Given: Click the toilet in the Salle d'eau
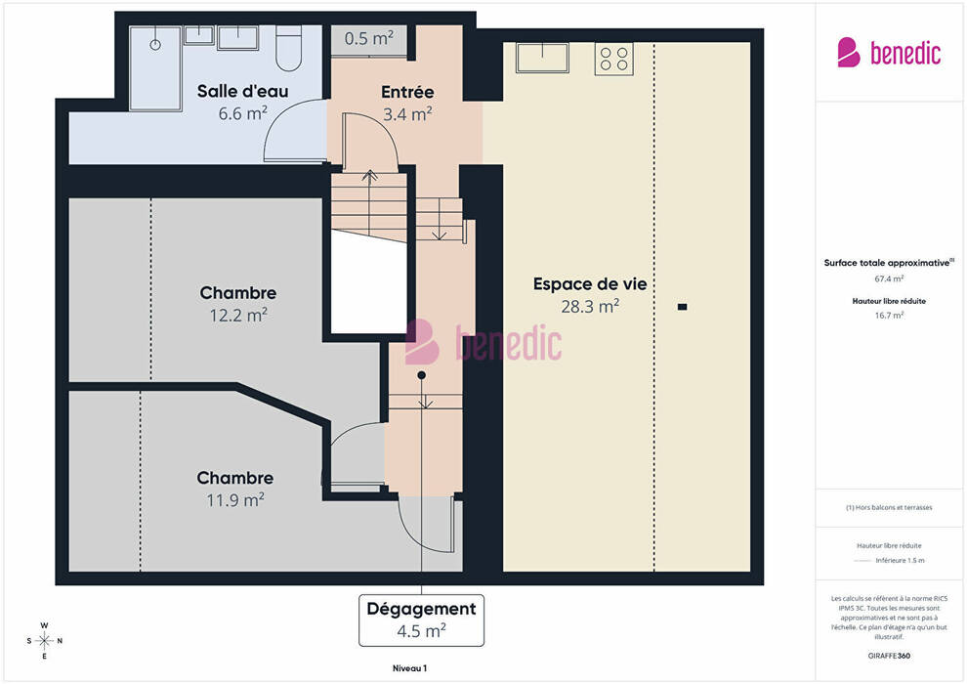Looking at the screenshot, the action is [x=288, y=48].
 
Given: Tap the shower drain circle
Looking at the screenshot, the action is [x=155, y=44].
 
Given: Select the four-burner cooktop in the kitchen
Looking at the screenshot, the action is [x=614, y=59].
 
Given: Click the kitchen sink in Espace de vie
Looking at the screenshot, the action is [x=542, y=58].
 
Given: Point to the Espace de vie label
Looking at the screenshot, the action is [x=590, y=284].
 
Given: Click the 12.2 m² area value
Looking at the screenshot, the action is [x=238, y=316].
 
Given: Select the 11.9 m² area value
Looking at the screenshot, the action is [x=235, y=499].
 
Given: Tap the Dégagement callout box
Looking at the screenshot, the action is [x=421, y=620].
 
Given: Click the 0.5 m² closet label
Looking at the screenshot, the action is [x=369, y=38].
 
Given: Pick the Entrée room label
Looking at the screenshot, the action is [x=407, y=92].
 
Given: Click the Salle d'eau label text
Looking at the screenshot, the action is [x=243, y=91].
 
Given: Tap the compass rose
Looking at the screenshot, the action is [x=44, y=641].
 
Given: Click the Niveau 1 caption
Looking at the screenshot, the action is [x=410, y=668].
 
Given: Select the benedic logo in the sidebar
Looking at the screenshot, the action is [x=889, y=53].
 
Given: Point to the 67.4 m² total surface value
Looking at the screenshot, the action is [x=889, y=278].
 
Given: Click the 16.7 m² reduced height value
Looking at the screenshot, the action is [x=889, y=316].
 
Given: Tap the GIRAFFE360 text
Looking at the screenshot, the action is [x=889, y=656].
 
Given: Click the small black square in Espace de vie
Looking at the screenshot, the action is [x=682, y=307].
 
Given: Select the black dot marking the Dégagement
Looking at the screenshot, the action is [x=421, y=375].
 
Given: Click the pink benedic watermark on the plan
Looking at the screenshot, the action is [x=483, y=342].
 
